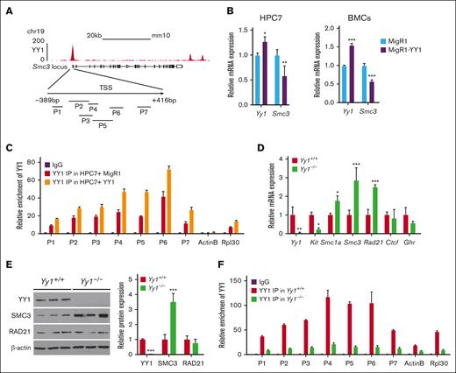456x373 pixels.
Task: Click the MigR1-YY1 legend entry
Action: [x=422, y=51]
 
